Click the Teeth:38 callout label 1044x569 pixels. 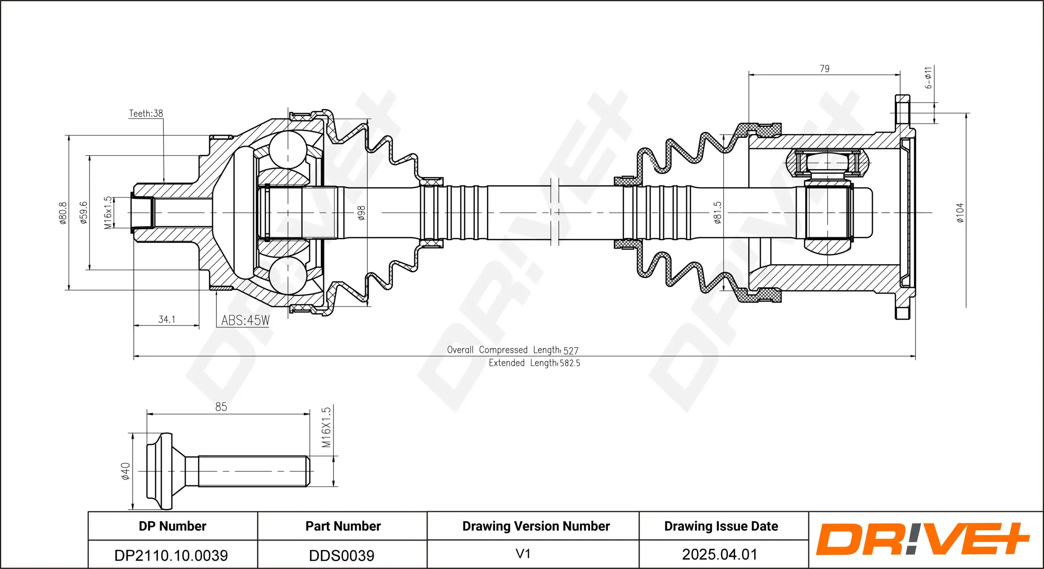tap(146, 114)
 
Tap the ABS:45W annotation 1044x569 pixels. tap(245, 320)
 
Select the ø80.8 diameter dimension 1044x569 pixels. tap(63, 213)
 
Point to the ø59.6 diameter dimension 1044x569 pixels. tap(84, 212)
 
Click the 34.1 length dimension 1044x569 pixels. tap(167, 319)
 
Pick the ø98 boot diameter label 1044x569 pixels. tap(362, 212)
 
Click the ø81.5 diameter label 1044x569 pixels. tap(717, 212)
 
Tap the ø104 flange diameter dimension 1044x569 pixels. tap(960, 212)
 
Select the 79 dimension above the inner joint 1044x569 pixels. tap(824, 68)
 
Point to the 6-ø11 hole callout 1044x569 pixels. tap(928, 78)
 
